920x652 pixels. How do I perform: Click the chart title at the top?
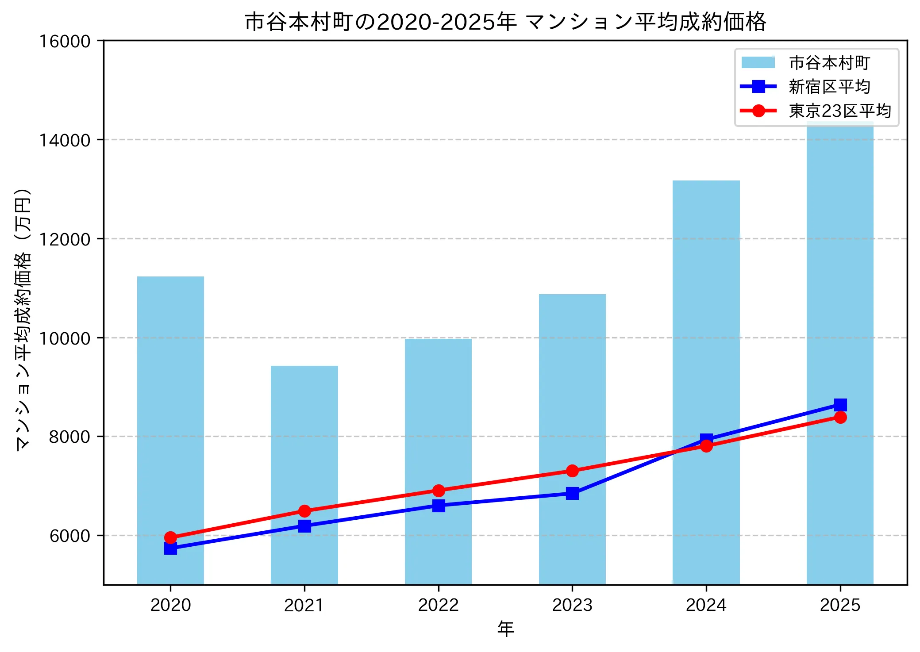click(505, 22)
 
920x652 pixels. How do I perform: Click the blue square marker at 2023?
click(572, 493)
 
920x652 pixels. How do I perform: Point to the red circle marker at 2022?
click(438, 491)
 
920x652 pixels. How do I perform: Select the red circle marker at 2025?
click(840, 417)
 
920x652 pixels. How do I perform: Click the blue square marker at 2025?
click(840, 404)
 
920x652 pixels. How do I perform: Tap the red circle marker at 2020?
click(170, 537)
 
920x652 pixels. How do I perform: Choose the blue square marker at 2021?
click(304, 526)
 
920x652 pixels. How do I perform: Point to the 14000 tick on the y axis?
click(65, 140)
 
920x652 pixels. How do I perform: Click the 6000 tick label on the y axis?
click(69, 536)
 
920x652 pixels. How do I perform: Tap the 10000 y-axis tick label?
click(65, 338)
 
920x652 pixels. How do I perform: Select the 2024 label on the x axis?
click(706, 605)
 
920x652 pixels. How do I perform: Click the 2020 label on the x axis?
click(170, 605)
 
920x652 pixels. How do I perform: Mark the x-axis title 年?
click(505, 629)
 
